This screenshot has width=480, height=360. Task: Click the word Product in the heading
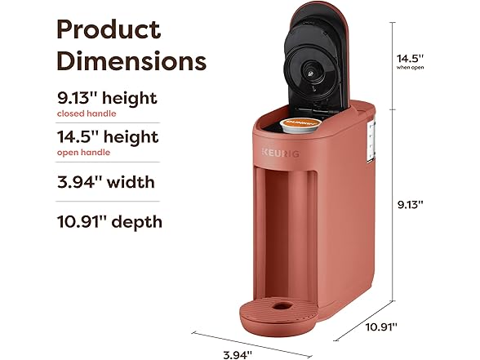click(x=109, y=29)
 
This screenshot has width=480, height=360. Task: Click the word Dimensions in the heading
click(x=131, y=61)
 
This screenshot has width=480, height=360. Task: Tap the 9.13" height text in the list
click(x=107, y=98)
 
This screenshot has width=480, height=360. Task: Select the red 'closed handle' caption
click(x=87, y=113)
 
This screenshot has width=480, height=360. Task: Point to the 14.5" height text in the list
click(x=108, y=137)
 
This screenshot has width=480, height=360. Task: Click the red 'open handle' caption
click(x=83, y=153)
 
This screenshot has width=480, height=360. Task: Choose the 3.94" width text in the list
click(x=106, y=182)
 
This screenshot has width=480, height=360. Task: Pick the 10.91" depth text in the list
click(x=109, y=222)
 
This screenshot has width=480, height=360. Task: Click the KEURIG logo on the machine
click(x=281, y=153)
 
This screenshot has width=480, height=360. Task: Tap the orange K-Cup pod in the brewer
click(x=300, y=125)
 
